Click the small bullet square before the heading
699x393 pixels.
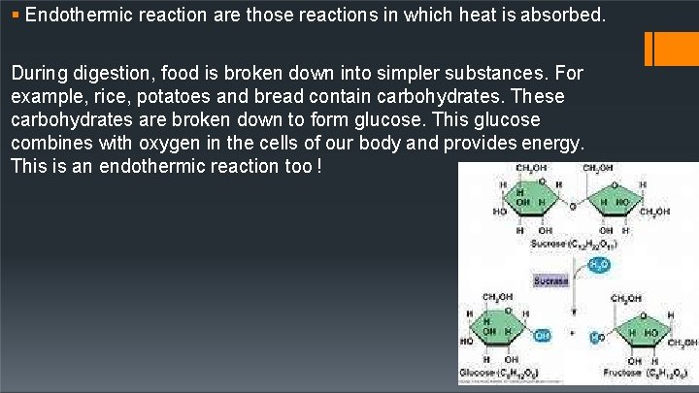click(17, 16)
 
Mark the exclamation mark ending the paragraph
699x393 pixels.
click(319, 166)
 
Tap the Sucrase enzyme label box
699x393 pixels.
click(551, 280)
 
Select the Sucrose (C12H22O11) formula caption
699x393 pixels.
click(574, 244)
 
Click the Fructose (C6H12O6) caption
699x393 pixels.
click(642, 373)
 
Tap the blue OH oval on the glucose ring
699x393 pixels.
click(542, 335)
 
